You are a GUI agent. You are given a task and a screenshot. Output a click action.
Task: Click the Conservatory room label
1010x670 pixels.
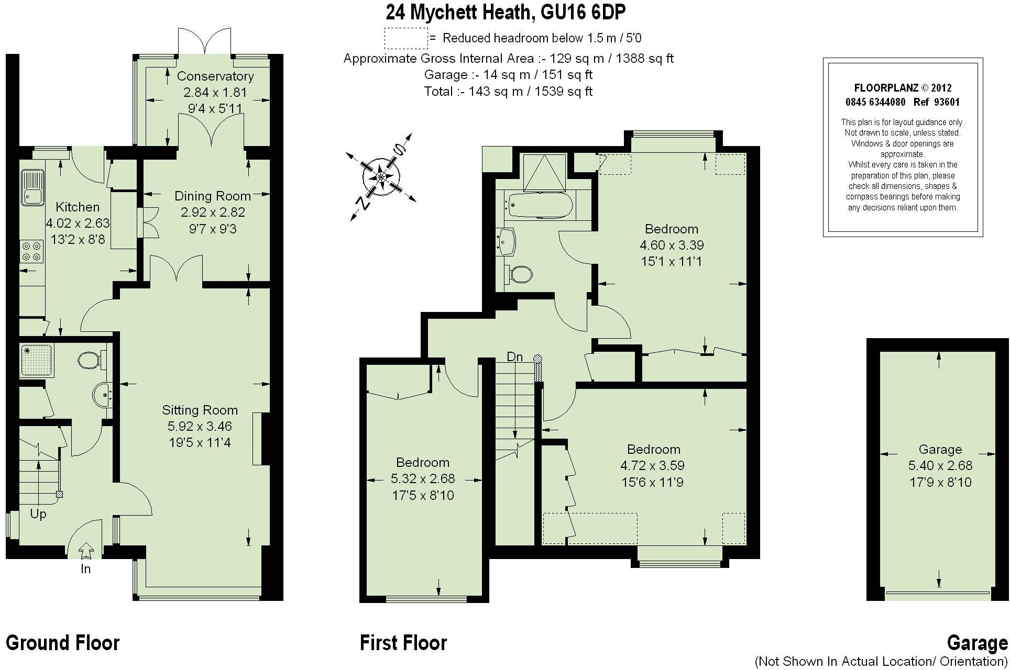coord(215,76)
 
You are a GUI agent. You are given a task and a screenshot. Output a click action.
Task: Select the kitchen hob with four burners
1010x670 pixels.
coord(31,250)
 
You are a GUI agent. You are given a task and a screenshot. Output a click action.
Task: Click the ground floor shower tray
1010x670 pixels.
coord(37,360)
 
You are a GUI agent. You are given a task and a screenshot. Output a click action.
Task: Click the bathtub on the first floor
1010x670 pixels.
coord(539,205)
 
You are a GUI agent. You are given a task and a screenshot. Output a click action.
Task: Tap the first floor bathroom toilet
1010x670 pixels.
coord(519,274)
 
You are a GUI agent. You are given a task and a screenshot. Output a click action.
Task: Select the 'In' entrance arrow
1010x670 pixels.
coord(86,551)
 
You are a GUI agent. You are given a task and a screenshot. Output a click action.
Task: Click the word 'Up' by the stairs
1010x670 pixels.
coord(38,514)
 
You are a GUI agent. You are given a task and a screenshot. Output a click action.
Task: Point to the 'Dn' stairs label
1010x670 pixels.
coord(514,357)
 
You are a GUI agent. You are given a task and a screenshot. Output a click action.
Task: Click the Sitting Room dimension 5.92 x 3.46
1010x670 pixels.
coord(200,427)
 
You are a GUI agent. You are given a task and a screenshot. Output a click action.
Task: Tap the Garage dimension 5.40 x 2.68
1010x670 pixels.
coord(940,465)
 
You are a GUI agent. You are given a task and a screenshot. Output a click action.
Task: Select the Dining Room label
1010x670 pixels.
coord(212,196)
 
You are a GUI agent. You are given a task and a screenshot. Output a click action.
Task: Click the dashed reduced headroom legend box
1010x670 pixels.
coord(406,38)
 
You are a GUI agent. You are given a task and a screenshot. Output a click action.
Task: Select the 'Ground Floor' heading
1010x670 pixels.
coord(62,643)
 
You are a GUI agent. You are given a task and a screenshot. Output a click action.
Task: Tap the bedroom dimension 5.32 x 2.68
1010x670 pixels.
coord(423,478)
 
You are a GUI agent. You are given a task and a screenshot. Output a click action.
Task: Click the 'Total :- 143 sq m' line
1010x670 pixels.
coord(508,92)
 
